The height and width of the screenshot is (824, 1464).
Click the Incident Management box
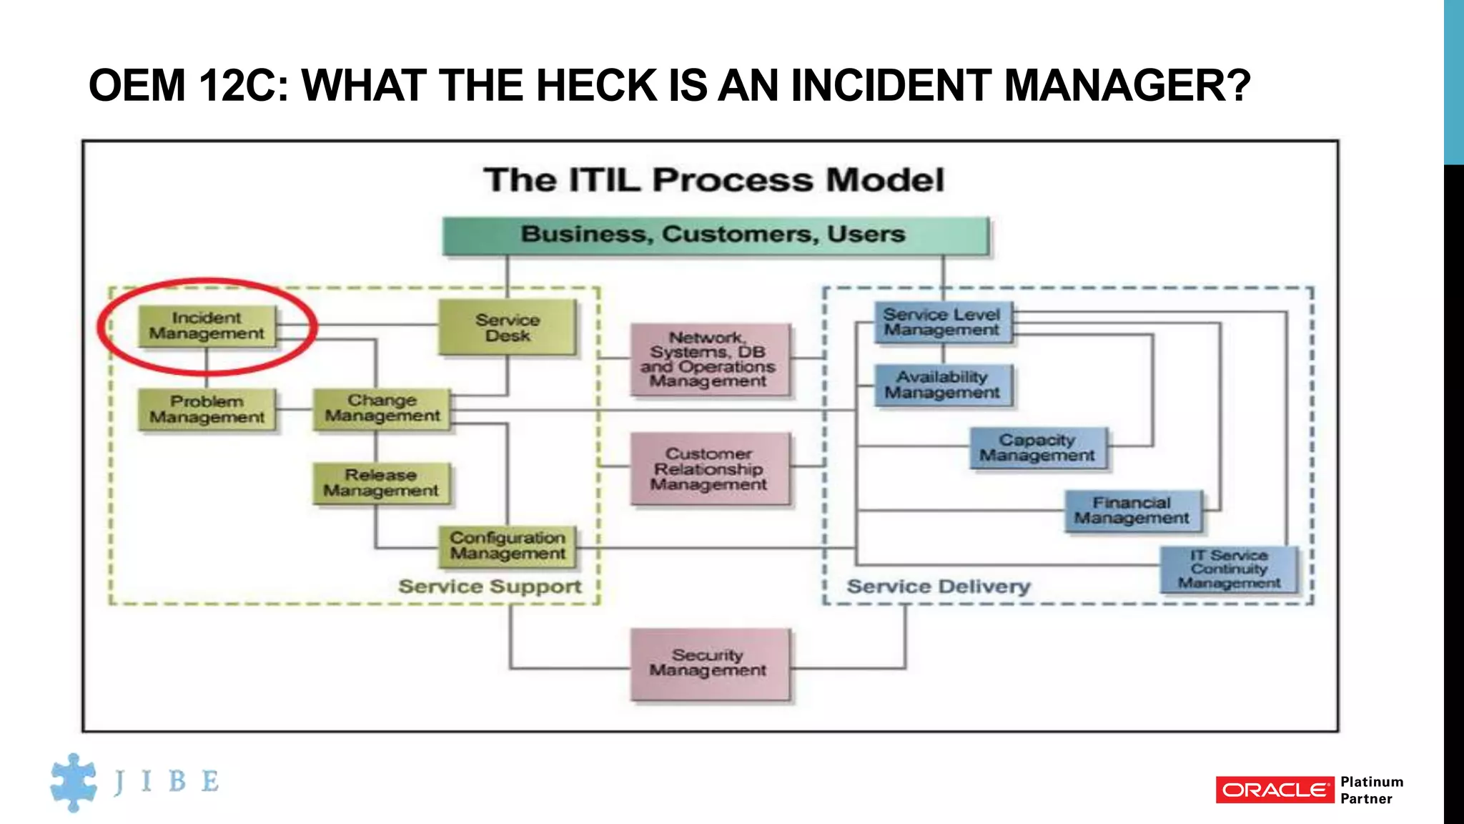click(207, 326)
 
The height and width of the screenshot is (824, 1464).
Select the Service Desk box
click(507, 328)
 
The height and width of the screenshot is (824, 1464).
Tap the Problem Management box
click(207, 409)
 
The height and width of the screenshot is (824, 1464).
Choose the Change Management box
click(382, 408)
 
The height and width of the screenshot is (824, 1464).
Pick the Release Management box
click(381, 483)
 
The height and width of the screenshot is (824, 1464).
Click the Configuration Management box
click(507, 546)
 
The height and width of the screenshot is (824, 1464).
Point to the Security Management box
click(710, 663)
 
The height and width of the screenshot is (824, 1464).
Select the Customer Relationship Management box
click(710, 469)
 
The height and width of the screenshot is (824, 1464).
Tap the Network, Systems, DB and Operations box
click(710, 359)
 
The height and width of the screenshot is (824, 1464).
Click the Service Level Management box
click(942, 323)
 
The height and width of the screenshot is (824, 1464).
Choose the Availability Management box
click(942, 385)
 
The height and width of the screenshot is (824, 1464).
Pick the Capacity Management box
click(1037, 448)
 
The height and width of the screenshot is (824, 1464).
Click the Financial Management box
click(1132, 511)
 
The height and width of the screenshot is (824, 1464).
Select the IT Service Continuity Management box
click(1228, 569)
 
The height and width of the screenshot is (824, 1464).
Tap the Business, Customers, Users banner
click(715, 235)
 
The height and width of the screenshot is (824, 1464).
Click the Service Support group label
click(490, 587)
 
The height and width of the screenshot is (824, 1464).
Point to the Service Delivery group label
click(939, 587)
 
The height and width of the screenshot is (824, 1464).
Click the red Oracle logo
click(1275, 790)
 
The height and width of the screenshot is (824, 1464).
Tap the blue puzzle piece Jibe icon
click(74, 782)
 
